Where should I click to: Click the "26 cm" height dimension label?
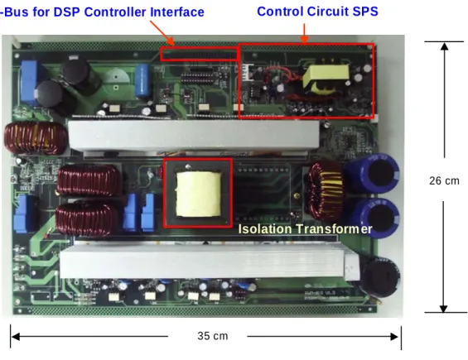(x=444, y=180)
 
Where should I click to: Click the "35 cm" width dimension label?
(x=213, y=336)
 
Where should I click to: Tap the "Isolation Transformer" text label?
(x=305, y=229)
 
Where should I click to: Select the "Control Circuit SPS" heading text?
(x=317, y=12)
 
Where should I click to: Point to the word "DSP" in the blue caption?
(x=67, y=12)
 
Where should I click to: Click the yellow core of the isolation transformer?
(x=199, y=194)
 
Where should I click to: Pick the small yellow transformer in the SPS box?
(x=326, y=79)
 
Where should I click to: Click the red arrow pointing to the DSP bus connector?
(x=162, y=33)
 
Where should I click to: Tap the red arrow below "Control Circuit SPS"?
(x=305, y=33)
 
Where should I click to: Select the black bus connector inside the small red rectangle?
(x=199, y=55)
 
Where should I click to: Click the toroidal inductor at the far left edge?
(x=36, y=137)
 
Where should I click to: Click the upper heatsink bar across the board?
(x=194, y=135)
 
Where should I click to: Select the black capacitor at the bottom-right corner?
(x=381, y=277)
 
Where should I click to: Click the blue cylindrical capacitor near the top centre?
(x=142, y=80)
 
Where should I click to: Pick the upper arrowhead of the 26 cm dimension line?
(x=445, y=46)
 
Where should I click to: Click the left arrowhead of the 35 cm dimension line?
(x=16, y=337)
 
